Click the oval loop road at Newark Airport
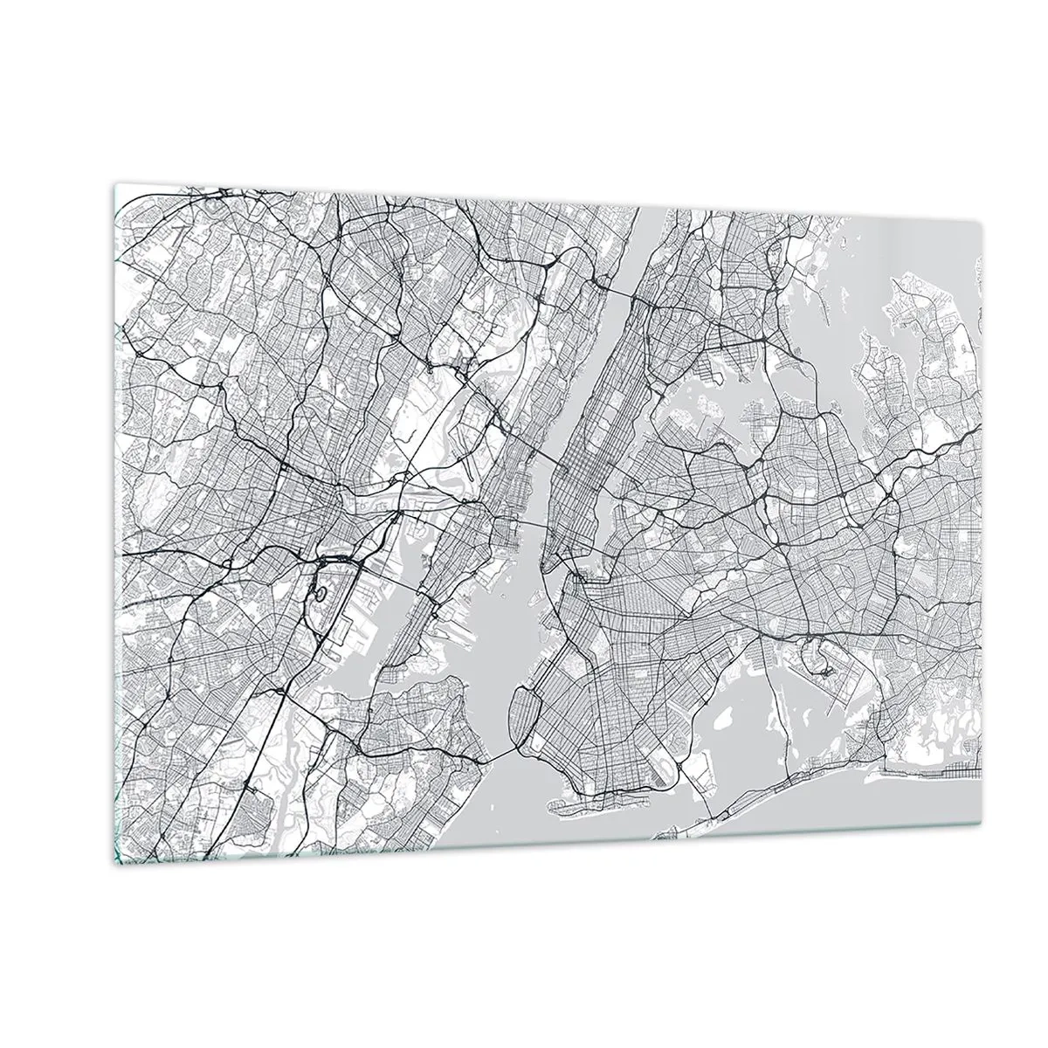click(321, 594)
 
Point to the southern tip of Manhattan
click(545, 568)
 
